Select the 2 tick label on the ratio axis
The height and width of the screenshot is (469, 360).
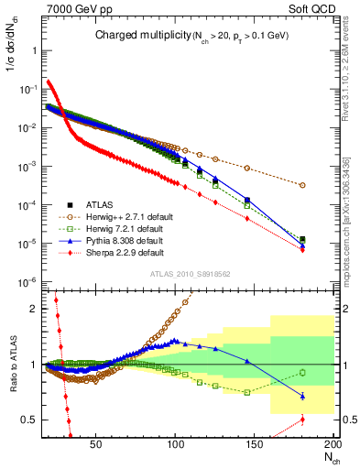click(31, 309)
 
